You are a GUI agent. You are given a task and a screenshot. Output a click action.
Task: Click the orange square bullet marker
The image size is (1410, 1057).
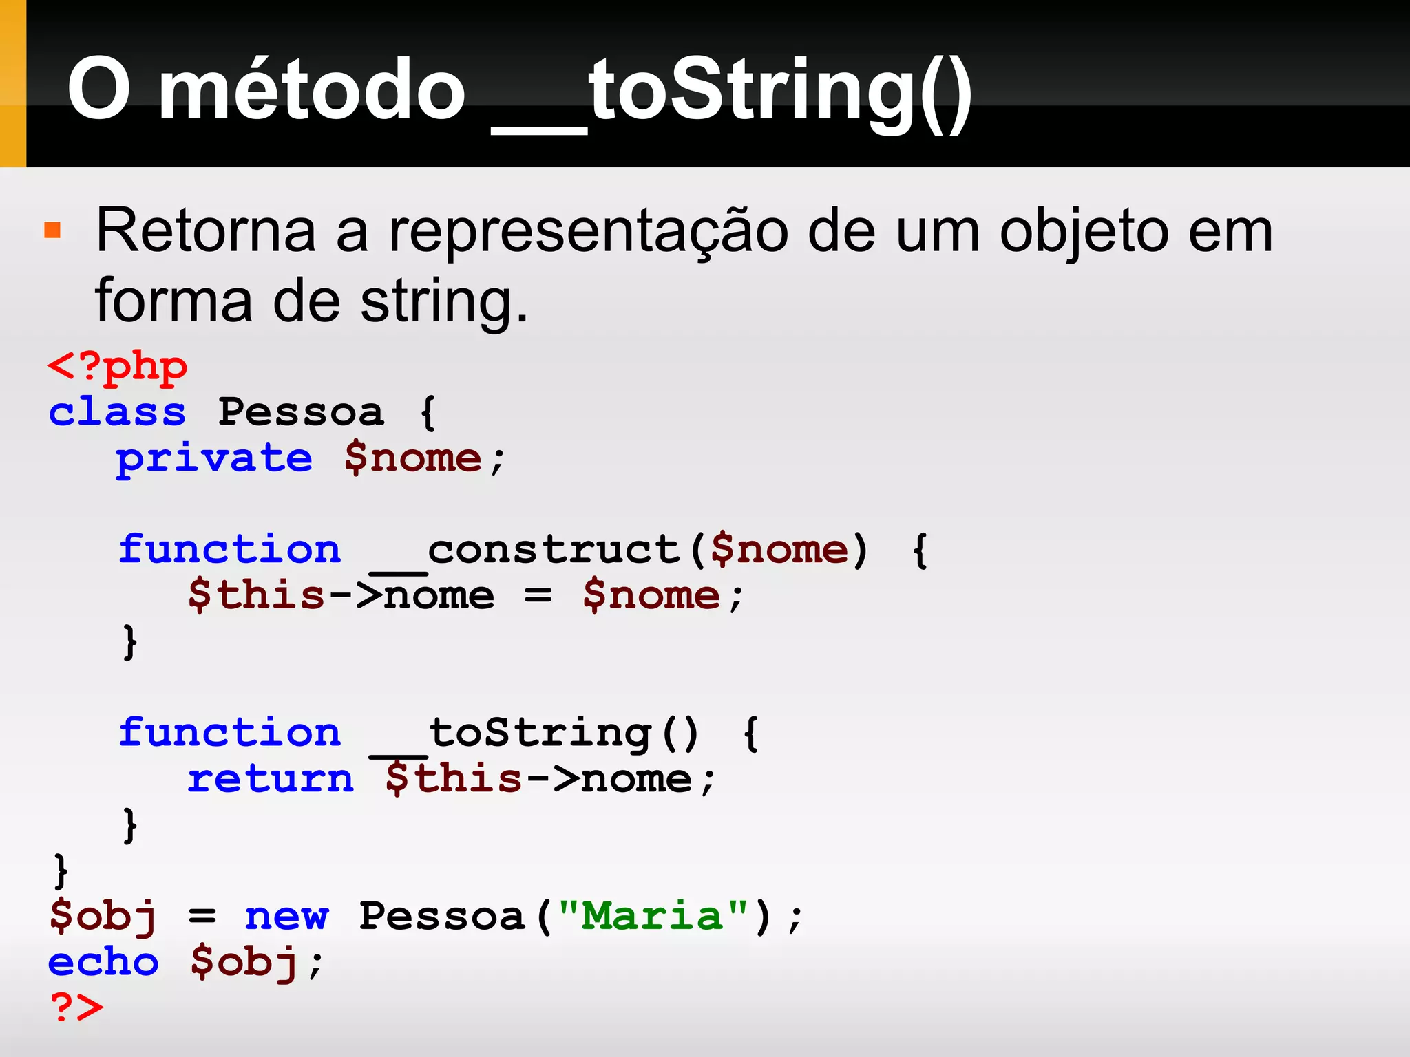point(52,230)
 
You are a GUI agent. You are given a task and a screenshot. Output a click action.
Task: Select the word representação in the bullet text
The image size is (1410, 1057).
point(588,233)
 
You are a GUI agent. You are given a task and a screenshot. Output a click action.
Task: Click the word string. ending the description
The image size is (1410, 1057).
point(444,303)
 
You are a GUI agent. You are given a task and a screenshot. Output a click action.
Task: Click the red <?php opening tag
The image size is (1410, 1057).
point(117,367)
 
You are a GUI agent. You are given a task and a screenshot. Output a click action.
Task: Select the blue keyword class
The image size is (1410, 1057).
point(117,412)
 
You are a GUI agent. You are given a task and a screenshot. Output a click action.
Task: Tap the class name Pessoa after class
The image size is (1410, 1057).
point(300,412)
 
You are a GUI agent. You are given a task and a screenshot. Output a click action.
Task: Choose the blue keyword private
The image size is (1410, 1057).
point(213,458)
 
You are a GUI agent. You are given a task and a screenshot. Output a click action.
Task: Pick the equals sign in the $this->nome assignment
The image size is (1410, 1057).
point(538,596)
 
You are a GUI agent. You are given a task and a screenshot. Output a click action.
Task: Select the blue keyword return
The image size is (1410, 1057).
point(270,779)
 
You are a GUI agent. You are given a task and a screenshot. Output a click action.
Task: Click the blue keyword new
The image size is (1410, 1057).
point(286,917)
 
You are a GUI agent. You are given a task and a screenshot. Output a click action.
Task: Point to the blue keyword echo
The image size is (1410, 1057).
point(103,962)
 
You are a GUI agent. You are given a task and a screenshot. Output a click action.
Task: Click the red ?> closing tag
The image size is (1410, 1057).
point(76,1007)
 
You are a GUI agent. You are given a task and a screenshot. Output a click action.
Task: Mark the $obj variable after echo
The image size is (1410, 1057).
point(244,962)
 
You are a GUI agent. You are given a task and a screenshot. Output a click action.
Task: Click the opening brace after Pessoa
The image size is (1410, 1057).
point(428,412)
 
